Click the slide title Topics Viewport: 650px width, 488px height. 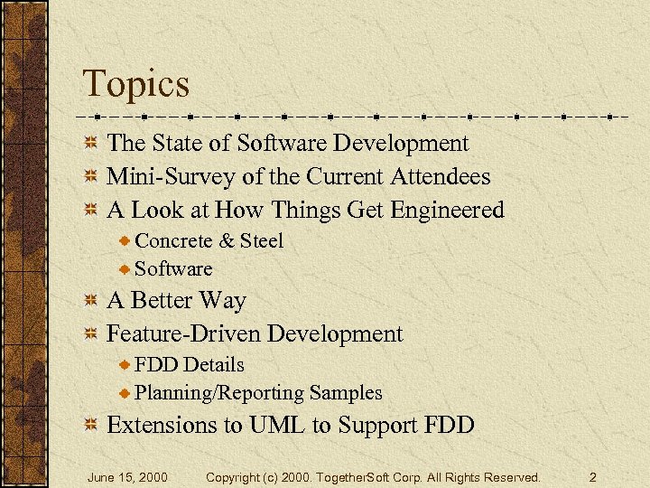[x=136, y=84]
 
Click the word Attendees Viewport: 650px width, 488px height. [x=440, y=176]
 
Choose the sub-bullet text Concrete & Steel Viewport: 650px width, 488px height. [x=209, y=240]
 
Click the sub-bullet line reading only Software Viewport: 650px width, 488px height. [x=173, y=268]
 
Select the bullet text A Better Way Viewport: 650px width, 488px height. [x=176, y=300]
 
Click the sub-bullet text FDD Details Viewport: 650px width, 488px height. [x=190, y=364]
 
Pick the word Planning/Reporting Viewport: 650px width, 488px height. [x=219, y=392]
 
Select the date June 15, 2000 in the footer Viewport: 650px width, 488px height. [x=126, y=476]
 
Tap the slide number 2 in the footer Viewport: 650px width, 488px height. [x=592, y=476]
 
